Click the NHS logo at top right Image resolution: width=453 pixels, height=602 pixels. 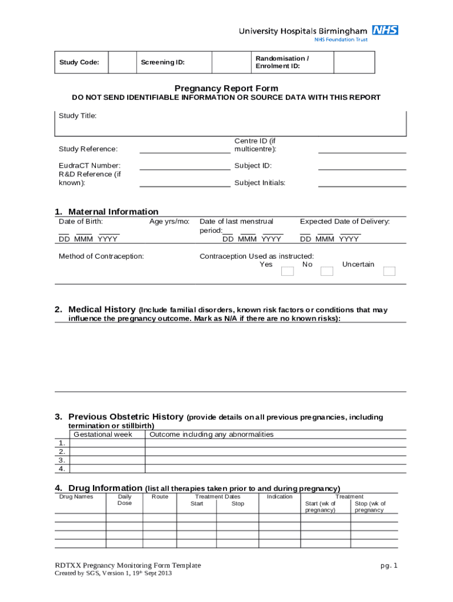pos(385,30)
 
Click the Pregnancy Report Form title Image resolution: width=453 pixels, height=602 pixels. pos(226,88)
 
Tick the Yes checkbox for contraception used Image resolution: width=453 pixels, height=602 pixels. pos(287,271)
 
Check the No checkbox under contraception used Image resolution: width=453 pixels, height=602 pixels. pos(326,271)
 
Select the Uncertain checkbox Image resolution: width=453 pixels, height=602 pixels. pos(389,271)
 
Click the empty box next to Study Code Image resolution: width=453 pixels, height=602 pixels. pos(123,62)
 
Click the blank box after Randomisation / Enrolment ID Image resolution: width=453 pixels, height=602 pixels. pos(354,62)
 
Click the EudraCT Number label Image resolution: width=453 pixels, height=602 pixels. pos(89,166)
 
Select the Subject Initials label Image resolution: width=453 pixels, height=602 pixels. pos(260,183)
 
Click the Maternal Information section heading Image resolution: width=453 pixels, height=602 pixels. pos(113,212)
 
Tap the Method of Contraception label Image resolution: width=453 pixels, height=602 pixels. pos(101,256)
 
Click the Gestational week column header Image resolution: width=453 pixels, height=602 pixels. pos(103,434)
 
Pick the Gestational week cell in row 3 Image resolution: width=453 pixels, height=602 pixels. pos(107,460)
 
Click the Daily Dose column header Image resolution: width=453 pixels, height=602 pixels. pos(125,500)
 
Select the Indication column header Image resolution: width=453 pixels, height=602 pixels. pos(279,497)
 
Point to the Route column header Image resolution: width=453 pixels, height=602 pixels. pos(160,497)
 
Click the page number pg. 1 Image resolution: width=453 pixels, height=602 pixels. pos(389,566)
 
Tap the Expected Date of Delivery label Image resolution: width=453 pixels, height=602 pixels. pos(345,222)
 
